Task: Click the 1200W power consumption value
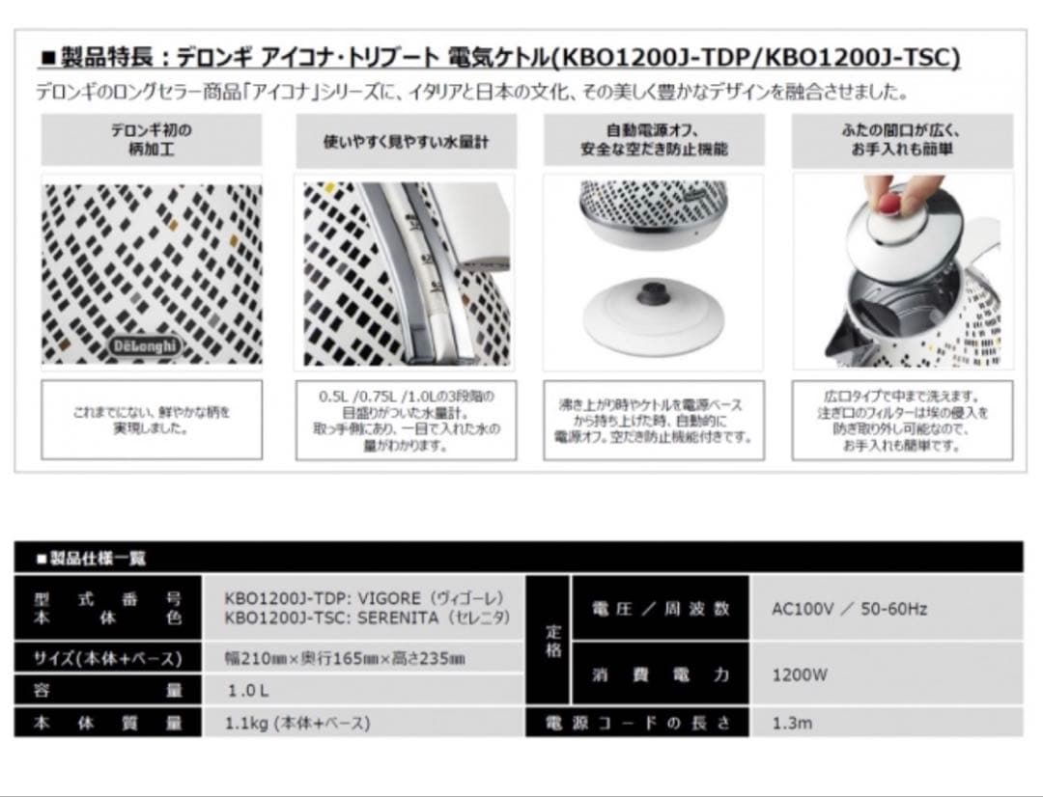(800, 675)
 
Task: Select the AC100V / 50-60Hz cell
(850, 609)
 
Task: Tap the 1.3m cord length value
(792, 723)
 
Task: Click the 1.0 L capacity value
(248, 691)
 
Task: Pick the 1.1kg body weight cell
(298, 722)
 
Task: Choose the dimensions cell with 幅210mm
(345, 659)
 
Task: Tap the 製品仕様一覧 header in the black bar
(91, 558)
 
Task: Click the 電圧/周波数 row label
(661, 609)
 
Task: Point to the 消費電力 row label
(661, 675)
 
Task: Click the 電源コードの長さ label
(637, 723)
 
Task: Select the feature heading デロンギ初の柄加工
(151, 141)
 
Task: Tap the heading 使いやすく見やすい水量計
(406, 141)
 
